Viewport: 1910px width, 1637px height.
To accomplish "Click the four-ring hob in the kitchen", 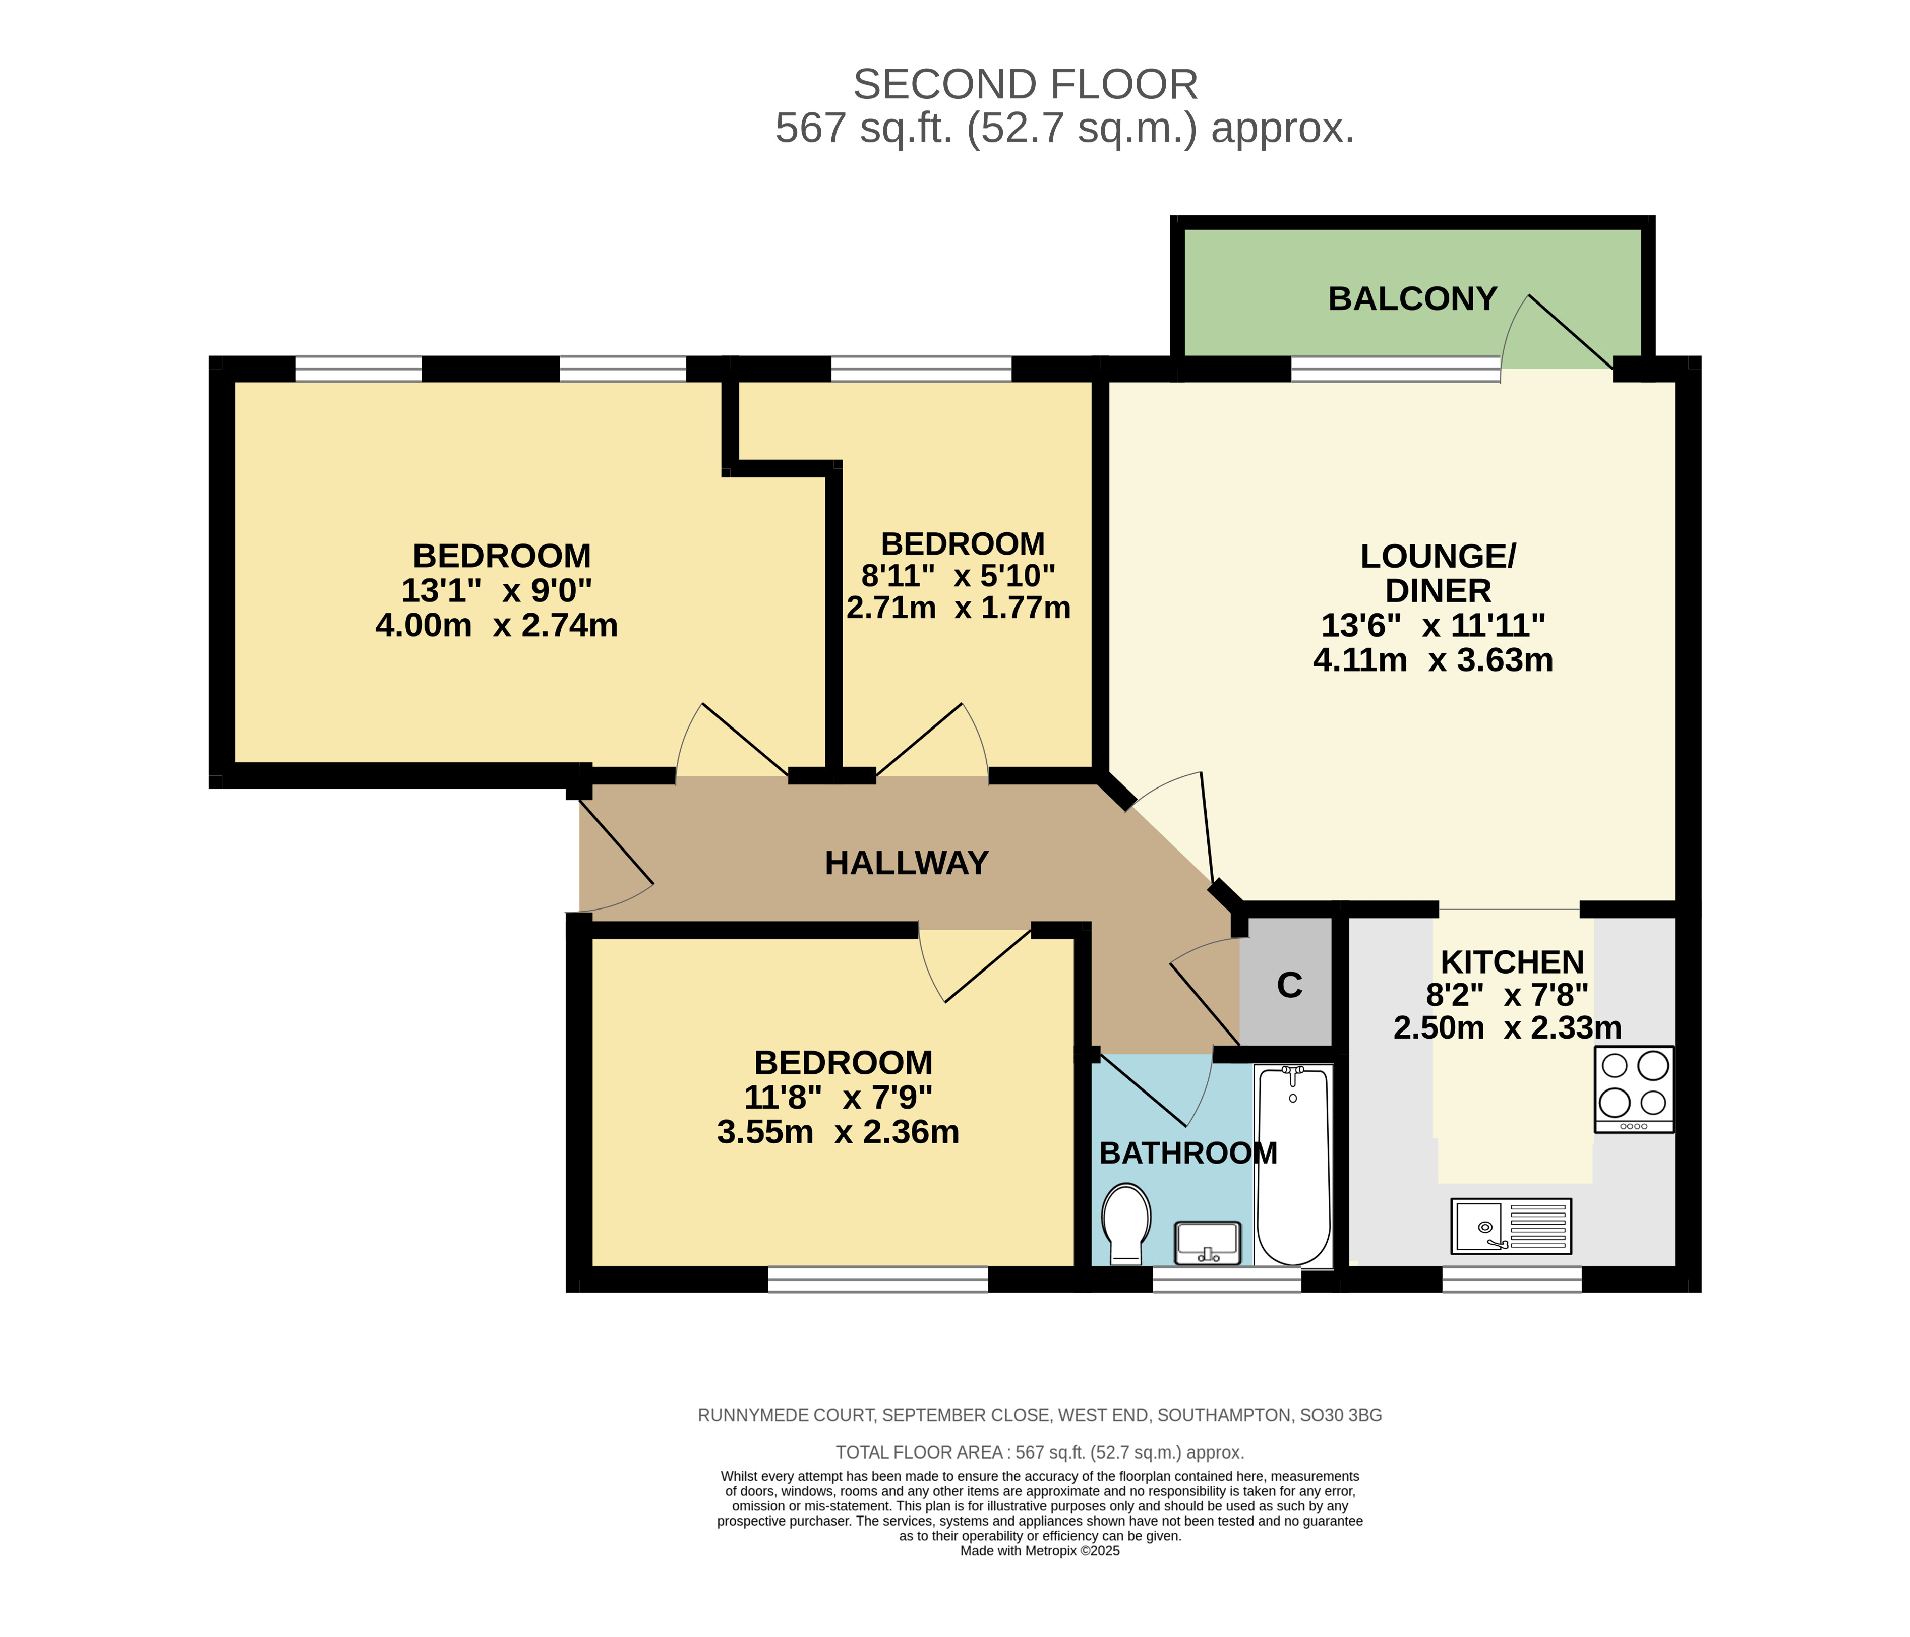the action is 1634,1088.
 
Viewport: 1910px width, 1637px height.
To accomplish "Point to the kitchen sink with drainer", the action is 1511,1225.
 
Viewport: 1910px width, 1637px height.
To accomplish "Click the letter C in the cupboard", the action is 1290,985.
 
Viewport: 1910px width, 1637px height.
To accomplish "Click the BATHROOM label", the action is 1188,1153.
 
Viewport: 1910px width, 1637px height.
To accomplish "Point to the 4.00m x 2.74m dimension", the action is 496,626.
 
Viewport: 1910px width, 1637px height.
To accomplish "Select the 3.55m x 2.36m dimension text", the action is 838,1132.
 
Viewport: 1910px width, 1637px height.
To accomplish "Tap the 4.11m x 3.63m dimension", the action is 1434,660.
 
